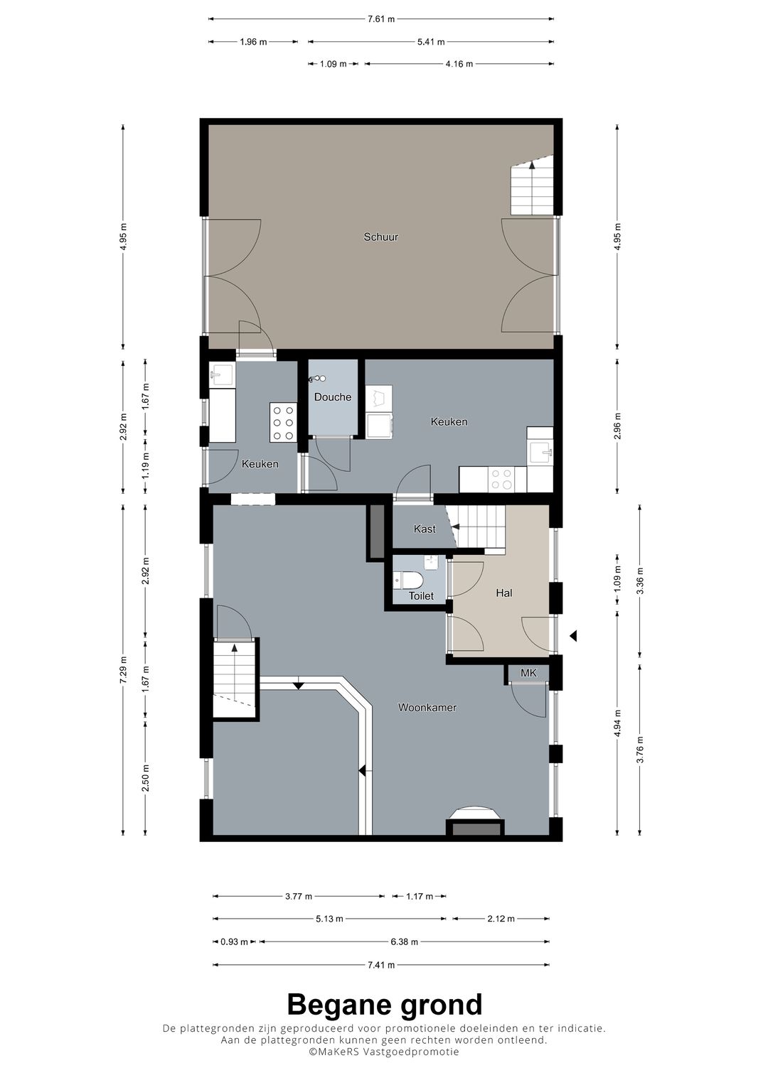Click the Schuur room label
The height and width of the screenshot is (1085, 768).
380,237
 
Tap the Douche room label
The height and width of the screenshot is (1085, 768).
333,397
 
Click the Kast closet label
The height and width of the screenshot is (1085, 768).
425,529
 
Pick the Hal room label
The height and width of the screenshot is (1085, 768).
503,593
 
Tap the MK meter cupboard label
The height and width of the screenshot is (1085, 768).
528,673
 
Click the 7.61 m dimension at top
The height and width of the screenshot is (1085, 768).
381,19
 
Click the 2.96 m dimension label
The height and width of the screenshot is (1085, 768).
617,426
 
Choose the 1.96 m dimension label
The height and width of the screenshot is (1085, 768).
253,42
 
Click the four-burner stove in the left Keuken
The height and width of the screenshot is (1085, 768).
284,423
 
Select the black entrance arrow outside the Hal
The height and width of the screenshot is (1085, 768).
573,635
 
